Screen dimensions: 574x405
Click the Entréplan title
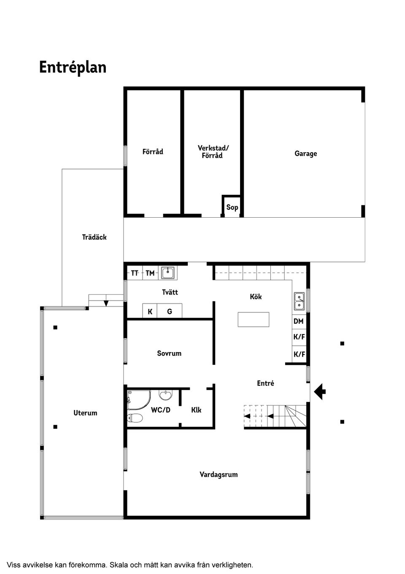click(x=73, y=68)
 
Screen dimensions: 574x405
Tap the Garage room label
click(x=305, y=153)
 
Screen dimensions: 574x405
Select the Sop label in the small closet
click(x=232, y=207)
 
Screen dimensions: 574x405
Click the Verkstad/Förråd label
click(x=213, y=152)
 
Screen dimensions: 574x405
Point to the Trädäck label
click(x=94, y=237)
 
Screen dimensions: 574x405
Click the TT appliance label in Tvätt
click(x=135, y=273)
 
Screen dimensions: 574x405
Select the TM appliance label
click(x=150, y=273)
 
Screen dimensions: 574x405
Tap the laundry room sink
click(x=168, y=273)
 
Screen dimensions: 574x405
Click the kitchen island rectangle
click(x=253, y=320)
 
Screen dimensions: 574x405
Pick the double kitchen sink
click(x=300, y=301)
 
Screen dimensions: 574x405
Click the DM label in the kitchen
click(x=299, y=321)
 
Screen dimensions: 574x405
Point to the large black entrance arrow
click(x=320, y=391)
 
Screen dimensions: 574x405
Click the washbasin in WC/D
click(x=166, y=395)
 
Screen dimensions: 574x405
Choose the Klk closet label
click(x=196, y=410)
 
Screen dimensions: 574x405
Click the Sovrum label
click(x=169, y=353)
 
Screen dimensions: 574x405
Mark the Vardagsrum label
click(x=219, y=475)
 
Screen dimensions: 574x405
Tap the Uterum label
click(x=85, y=413)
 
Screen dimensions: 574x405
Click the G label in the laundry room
click(x=170, y=312)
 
